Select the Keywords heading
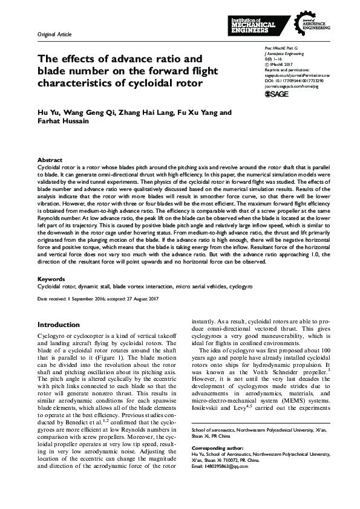51,279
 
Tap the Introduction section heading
59,325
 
